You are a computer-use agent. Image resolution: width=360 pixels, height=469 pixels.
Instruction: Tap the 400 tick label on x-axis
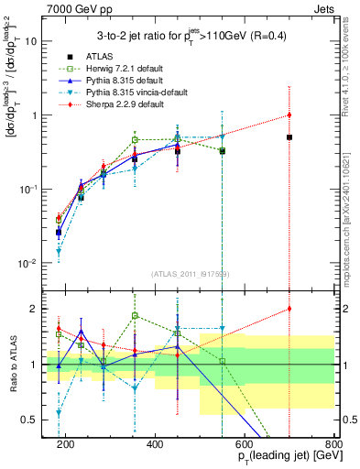154,444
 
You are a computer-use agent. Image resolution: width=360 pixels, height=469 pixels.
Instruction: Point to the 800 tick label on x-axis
333,444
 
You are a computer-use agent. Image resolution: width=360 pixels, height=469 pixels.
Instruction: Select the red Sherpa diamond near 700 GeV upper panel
289,115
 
